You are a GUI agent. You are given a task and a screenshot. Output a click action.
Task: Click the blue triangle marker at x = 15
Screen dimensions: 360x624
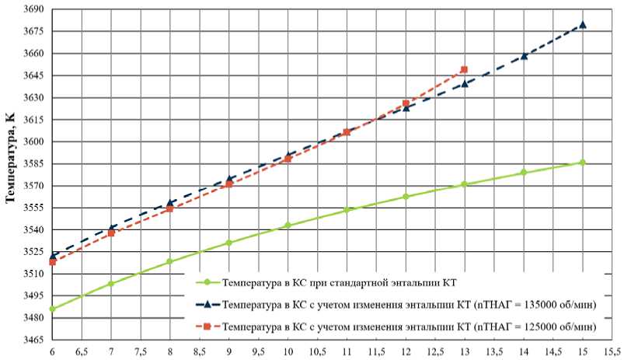click(583, 24)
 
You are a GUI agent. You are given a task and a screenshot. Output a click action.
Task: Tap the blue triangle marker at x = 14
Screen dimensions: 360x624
click(524, 56)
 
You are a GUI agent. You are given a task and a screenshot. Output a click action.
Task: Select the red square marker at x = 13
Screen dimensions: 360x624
click(465, 70)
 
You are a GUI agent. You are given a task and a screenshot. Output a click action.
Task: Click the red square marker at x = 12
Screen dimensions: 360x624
click(406, 103)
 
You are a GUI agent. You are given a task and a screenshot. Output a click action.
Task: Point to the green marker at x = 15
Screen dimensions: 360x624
click(583, 163)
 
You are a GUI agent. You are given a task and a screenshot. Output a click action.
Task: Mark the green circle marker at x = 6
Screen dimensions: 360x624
click(52, 309)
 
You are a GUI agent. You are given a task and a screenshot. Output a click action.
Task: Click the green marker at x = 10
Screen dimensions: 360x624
click(288, 225)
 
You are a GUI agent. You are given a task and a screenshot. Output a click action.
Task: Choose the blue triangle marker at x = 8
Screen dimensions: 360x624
click(170, 203)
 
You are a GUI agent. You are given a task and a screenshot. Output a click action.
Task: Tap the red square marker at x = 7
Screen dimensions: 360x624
click(111, 233)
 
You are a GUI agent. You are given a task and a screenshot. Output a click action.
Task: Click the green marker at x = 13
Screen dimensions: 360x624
click(465, 184)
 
